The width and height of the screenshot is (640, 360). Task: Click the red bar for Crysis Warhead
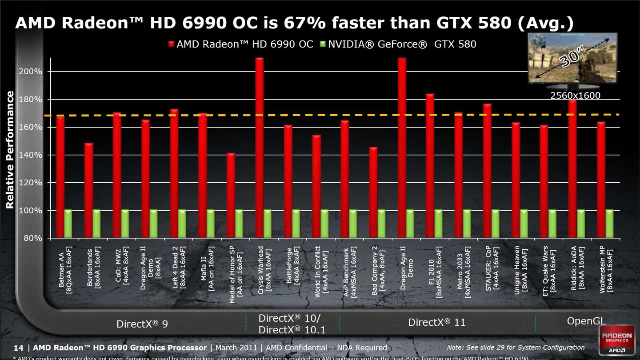click(260, 147)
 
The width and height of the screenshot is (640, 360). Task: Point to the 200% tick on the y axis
click(32, 72)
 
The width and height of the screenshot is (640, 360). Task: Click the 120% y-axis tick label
click(32, 183)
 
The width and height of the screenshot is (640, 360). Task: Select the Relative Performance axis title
click(10, 150)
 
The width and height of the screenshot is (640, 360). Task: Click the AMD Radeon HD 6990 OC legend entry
click(240, 44)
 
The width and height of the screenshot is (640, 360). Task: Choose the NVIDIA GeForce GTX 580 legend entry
click(398, 44)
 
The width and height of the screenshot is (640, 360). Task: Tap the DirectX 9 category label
click(142, 324)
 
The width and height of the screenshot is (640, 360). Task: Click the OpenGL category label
click(586, 321)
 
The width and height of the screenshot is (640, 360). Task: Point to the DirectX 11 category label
click(437, 323)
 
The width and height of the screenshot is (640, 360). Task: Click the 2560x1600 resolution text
click(575, 96)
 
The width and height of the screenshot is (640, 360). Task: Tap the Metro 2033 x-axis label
click(464, 272)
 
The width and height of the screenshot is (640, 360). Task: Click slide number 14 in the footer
click(18, 348)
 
